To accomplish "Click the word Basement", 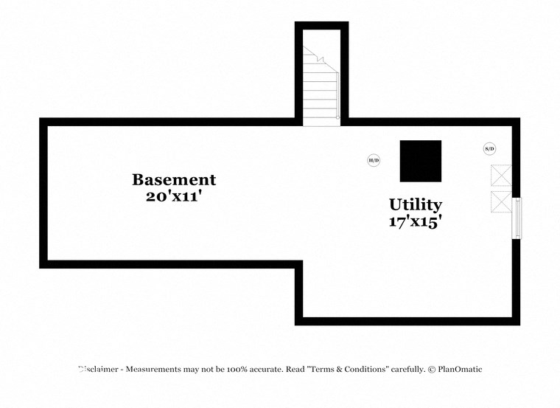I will (x=174, y=179).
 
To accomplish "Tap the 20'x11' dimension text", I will (x=174, y=196).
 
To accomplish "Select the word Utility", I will (x=416, y=204).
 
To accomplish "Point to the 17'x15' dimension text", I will (x=416, y=221).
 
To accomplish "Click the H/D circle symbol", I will (x=374, y=160).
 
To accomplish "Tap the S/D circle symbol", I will (x=489, y=149).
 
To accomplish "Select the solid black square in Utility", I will (x=421, y=161).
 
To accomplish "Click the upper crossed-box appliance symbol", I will (x=501, y=176).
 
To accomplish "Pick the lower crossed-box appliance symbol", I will (x=501, y=201).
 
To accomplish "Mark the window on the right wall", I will (x=517, y=218).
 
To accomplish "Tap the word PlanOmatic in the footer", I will (x=460, y=369).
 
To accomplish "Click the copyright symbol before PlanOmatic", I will (x=431, y=369).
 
